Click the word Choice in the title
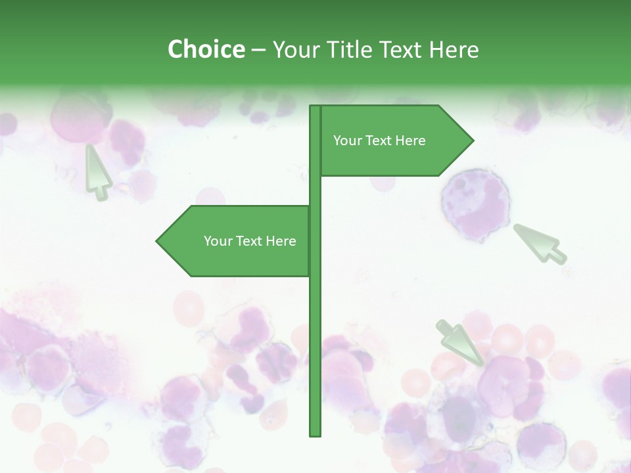point(206,50)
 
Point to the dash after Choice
point(258,51)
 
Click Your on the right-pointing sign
point(346,141)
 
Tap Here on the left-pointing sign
point(281,241)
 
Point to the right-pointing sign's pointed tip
point(472,141)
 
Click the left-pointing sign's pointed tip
point(158,241)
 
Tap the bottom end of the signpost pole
point(315,434)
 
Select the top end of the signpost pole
point(315,107)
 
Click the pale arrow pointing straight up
point(97,171)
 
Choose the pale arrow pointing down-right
point(461,342)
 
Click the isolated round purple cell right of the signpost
point(475,204)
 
